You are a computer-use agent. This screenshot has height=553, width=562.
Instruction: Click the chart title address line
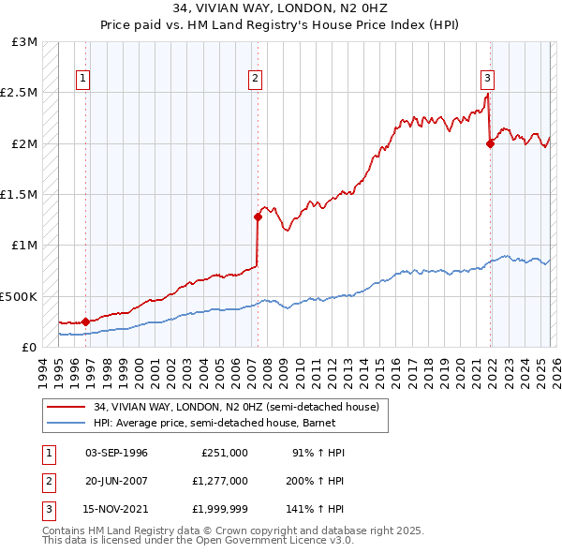[x=281, y=8]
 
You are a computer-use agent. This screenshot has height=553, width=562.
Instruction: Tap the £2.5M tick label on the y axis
[x=18, y=93]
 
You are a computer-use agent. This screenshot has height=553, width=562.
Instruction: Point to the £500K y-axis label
[x=18, y=296]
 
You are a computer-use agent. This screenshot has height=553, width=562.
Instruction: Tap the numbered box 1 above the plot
[x=84, y=80]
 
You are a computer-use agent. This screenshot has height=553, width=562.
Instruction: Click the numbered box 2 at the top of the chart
[x=255, y=80]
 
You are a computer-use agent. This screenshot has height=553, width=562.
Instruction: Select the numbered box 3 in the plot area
[x=488, y=80]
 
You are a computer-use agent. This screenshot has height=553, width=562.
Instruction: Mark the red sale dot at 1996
[x=85, y=321]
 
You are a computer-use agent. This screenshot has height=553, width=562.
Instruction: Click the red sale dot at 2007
[x=258, y=217]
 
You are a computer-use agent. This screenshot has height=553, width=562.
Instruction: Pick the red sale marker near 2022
[x=490, y=143]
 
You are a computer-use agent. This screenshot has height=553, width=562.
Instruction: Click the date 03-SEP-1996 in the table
[x=116, y=453]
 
